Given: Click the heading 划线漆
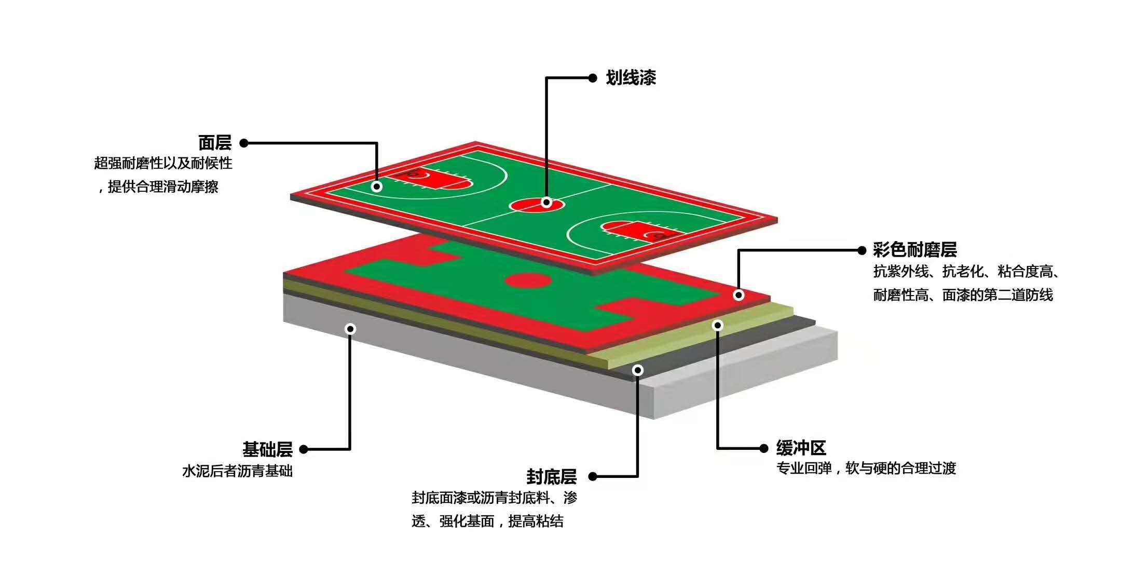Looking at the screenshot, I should (x=631, y=78).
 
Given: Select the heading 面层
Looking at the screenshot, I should (x=215, y=143).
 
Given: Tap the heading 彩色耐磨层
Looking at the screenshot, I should (x=914, y=250).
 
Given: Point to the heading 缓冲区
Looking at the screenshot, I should (x=801, y=448).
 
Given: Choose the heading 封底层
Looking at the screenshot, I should (x=551, y=476).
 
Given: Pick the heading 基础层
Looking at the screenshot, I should (x=267, y=449).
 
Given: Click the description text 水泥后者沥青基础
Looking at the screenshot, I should (x=237, y=471).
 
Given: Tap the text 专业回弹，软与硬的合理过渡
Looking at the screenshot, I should (x=866, y=469).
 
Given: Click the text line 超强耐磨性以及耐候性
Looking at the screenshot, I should (x=163, y=163).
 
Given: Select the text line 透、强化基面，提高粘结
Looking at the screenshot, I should (x=487, y=521).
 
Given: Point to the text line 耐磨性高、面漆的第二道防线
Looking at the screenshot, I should (x=963, y=295).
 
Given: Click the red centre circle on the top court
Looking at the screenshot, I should (x=537, y=205).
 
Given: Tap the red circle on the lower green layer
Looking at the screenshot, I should (x=528, y=281).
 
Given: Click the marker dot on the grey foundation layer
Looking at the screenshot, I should (x=350, y=329).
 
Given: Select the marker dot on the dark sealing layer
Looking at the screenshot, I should (x=638, y=370).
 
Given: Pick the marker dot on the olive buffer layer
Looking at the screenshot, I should (x=717, y=325).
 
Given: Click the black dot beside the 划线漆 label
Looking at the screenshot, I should (x=593, y=78).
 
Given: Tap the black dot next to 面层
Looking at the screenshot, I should (x=244, y=143).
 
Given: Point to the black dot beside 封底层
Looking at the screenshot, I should (x=593, y=476).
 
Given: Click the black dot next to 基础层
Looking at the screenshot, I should (x=304, y=449).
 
